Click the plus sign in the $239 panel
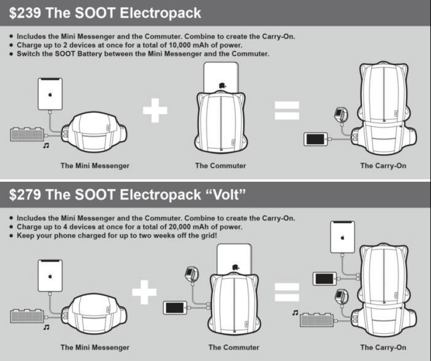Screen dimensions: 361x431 coord(155,110)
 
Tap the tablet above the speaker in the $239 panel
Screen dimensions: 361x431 coord(50,94)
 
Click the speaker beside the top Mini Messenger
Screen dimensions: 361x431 coord(27,133)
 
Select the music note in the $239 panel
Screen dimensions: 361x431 coord(45,146)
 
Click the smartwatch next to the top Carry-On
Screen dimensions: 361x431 coord(341,114)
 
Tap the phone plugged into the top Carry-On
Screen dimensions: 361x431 coord(316,139)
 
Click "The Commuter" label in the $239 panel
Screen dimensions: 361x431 coord(220,166)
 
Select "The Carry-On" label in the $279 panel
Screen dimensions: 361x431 coord(383,347)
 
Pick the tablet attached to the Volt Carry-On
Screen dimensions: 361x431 coord(343,238)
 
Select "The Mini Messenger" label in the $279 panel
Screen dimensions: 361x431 coord(95,347)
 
